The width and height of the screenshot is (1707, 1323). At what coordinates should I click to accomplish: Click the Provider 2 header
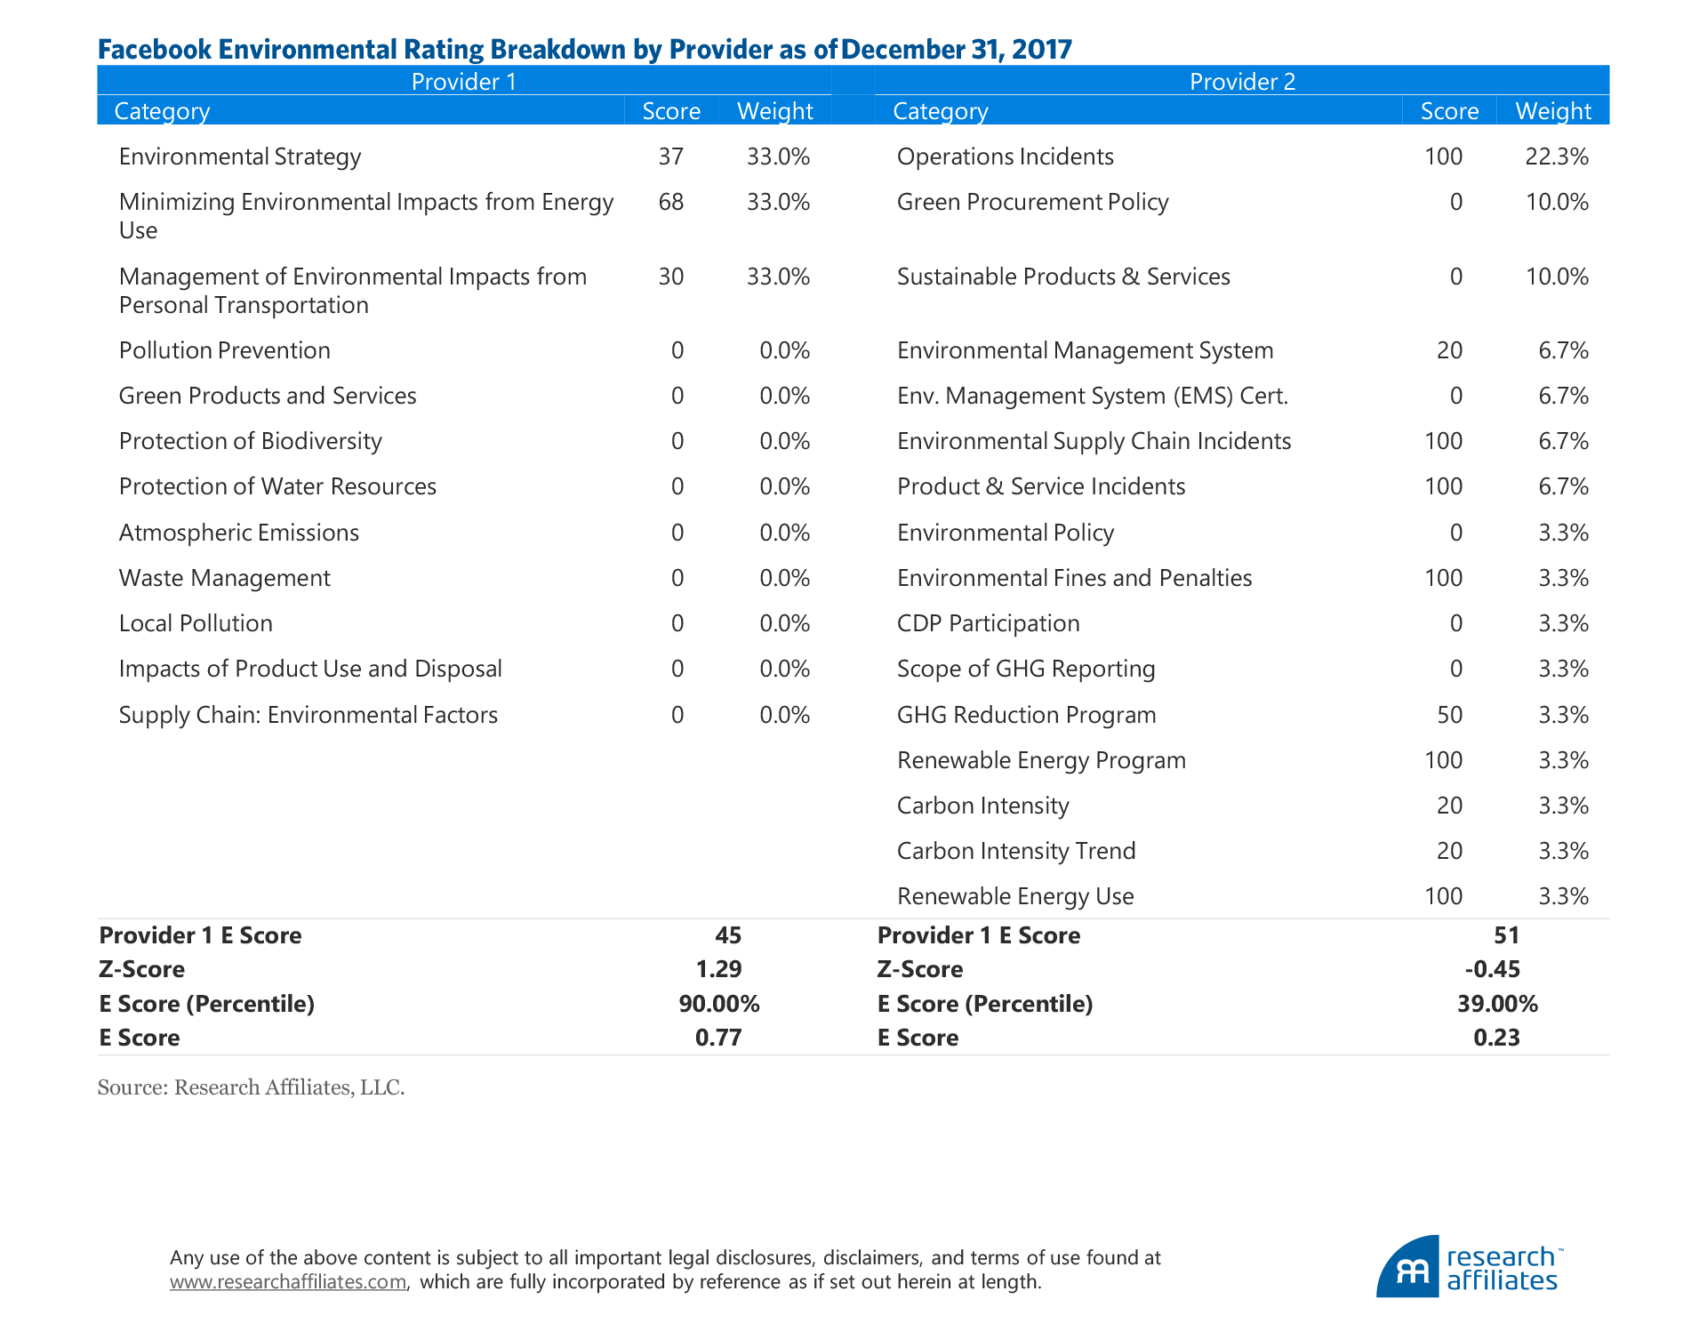tap(1242, 82)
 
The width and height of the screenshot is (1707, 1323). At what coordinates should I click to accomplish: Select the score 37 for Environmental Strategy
tap(670, 156)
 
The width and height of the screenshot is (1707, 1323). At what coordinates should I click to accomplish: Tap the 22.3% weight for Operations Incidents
tap(1556, 156)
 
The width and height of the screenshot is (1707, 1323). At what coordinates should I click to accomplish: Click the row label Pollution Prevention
tap(224, 350)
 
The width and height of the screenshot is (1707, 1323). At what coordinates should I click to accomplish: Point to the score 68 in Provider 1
tap(670, 202)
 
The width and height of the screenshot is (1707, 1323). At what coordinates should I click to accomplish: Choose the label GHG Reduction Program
tap(1026, 715)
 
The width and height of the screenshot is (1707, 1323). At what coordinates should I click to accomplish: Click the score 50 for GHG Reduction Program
tap(1449, 715)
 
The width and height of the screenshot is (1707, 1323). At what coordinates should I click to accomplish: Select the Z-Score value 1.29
tap(718, 969)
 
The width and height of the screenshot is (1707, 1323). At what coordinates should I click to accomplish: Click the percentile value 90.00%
tap(718, 1004)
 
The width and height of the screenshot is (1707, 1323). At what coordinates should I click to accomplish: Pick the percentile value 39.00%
tap(1497, 1004)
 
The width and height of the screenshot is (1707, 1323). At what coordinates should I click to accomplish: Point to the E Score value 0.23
tap(1496, 1038)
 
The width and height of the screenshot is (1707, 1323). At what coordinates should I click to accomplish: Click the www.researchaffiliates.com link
tap(288, 1282)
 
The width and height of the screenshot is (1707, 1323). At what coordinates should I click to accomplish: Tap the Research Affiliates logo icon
tap(1408, 1268)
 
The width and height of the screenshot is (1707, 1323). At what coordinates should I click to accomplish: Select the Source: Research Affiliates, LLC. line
tap(251, 1087)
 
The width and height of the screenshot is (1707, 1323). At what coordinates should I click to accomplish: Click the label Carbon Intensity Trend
tap(1016, 851)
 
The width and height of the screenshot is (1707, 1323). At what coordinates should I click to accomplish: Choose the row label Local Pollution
tap(196, 623)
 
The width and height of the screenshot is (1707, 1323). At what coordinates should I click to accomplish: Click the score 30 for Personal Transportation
tap(670, 277)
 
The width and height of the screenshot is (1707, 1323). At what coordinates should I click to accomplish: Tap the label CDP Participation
tap(988, 623)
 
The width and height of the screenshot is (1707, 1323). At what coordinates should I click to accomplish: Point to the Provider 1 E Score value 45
tap(727, 935)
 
